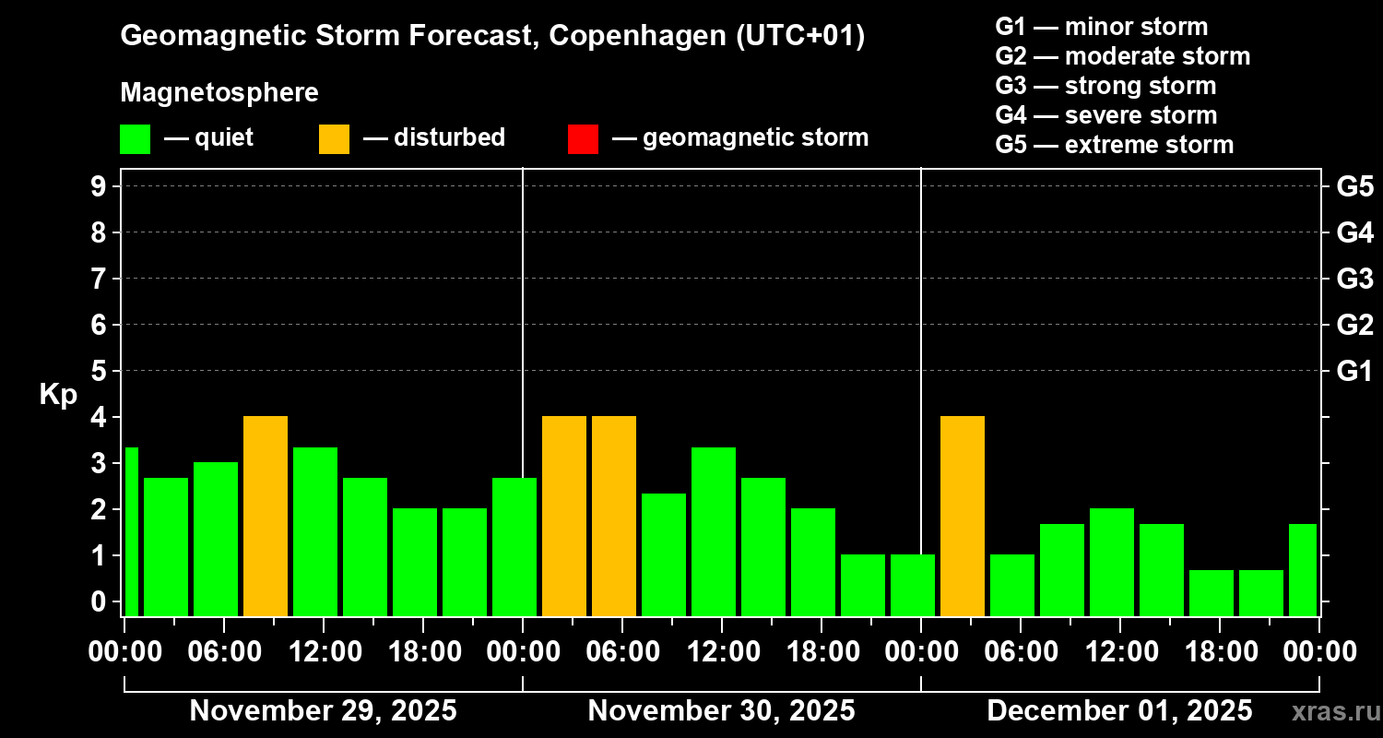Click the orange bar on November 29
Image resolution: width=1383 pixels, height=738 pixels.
tap(266, 516)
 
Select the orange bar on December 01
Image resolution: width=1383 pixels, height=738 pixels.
tap(963, 516)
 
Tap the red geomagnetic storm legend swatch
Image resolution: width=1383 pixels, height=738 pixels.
tap(583, 138)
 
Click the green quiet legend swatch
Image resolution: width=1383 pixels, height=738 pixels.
tap(135, 138)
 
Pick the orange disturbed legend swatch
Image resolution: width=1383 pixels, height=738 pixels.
tap(334, 138)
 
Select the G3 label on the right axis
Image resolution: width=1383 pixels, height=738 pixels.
tap(1354, 279)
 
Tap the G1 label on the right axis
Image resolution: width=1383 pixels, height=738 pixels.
tap(1354, 371)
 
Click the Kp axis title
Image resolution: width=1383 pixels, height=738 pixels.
tap(58, 395)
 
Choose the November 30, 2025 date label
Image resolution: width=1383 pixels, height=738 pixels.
tap(721, 711)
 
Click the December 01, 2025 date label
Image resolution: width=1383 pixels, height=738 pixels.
tap(1119, 711)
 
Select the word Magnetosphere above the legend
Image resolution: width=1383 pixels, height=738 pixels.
tap(219, 93)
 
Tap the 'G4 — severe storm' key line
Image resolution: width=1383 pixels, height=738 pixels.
tap(1105, 115)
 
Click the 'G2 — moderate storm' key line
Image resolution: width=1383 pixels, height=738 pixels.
tap(1122, 56)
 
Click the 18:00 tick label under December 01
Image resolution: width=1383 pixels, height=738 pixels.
tap(1219, 652)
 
